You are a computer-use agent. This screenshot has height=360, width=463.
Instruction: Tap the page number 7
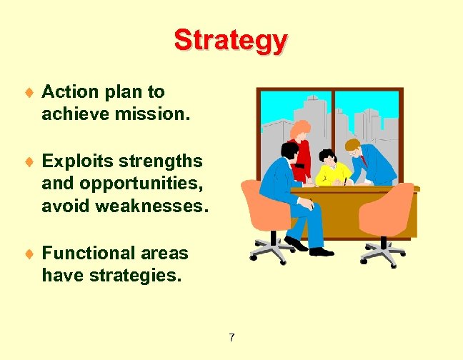pos(231,337)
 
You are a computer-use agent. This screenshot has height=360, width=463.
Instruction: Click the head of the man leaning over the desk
pos(353,146)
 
